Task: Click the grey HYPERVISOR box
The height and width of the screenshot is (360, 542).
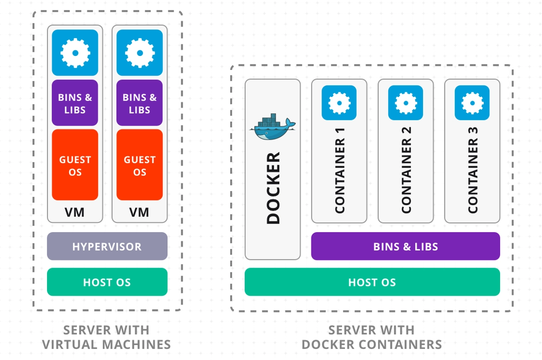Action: [107, 246]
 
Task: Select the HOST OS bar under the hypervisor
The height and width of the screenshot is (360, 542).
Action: [107, 282]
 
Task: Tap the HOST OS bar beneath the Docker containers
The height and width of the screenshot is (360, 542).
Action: [372, 282]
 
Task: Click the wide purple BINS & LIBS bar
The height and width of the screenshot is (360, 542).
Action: [405, 246]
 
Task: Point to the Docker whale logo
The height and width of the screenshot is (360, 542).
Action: [272, 127]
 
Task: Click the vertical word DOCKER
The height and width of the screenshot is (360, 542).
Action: [273, 188]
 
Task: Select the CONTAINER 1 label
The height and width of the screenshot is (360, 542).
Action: [340, 171]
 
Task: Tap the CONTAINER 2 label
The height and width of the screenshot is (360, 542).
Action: [406, 171]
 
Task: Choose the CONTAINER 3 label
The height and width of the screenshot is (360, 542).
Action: [473, 171]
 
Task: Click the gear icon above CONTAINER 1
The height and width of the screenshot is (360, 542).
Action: [339, 103]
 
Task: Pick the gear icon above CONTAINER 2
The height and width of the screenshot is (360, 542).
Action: [405, 103]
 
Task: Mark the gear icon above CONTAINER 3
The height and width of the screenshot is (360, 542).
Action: [472, 103]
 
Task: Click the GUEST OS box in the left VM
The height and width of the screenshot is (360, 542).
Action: [75, 165]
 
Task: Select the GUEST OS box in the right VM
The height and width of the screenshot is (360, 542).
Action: [139, 165]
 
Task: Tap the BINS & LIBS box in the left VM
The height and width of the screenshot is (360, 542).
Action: [75, 103]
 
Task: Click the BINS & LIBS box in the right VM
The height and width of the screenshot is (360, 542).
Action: [139, 103]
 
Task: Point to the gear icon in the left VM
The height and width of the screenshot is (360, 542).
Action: [75, 53]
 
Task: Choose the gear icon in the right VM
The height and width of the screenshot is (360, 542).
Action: [139, 53]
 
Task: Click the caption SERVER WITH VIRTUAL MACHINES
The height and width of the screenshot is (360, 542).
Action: [106, 337]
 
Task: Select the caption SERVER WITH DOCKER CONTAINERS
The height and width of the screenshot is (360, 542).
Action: [371, 337]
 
